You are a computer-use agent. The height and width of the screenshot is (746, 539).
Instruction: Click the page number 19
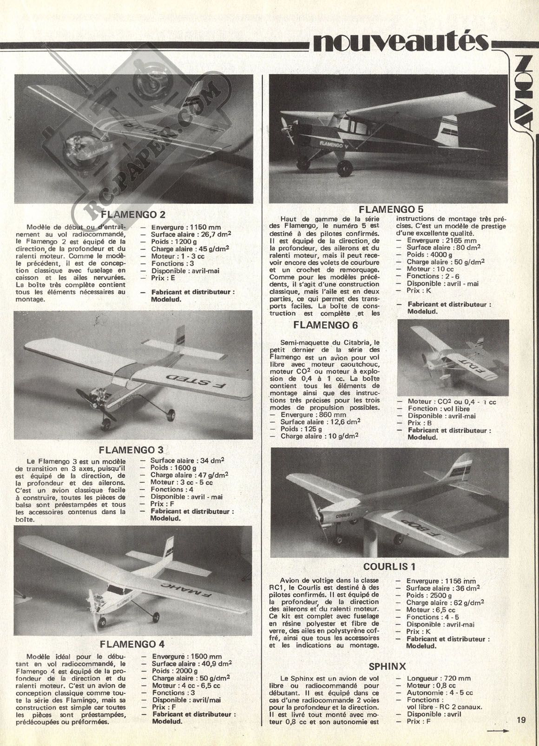[x=520, y=720]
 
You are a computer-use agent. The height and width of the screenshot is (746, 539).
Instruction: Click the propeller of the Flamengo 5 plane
[x=284, y=125]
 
